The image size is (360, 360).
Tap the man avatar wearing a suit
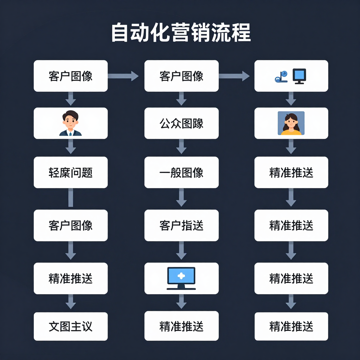click(x=70, y=123)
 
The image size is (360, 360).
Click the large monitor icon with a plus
click(x=181, y=278)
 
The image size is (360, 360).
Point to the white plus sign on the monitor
click(x=181, y=276)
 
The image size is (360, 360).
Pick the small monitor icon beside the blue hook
click(x=299, y=76)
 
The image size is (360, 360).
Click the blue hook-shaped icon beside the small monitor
click(x=281, y=77)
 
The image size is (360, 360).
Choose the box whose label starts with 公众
click(x=181, y=123)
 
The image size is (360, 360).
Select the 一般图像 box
click(x=181, y=172)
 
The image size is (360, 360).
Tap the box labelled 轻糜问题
click(x=70, y=172)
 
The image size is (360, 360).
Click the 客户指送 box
click(x=181, y=225)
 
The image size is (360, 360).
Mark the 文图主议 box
click(x=70, y=327)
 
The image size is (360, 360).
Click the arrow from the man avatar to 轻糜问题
click(x=71, y=147)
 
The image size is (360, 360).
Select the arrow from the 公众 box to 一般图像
click(x=181, y=147)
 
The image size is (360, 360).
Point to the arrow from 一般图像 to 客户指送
click(x=181, y=198)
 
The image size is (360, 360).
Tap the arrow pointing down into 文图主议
click(x=71, y=302)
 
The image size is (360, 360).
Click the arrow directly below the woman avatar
click(x=291, y=147)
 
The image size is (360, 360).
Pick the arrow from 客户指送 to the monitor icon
click(x=181, y=251)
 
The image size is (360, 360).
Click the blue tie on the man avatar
click(x=70, y=133)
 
